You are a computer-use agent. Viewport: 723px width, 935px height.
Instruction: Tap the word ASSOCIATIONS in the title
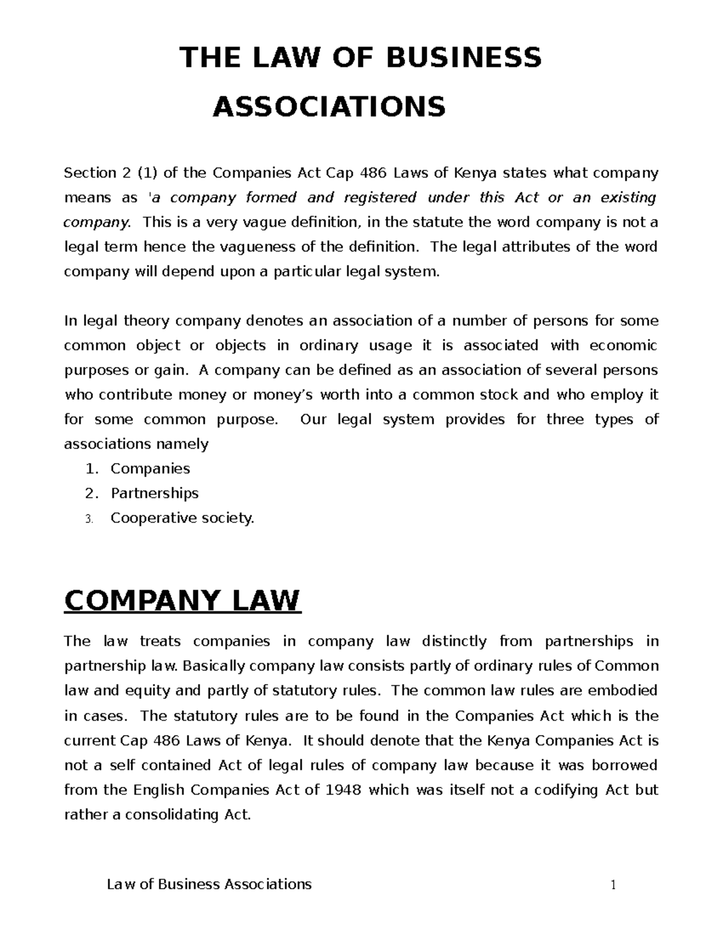[329, 107]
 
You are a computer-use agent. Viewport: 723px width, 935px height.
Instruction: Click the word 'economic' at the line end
[623, 346]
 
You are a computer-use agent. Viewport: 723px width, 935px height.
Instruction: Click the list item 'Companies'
[150, 468]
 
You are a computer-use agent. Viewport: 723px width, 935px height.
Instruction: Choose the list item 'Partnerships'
[154, 493]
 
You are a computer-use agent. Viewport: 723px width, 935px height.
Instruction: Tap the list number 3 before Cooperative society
[89, 518]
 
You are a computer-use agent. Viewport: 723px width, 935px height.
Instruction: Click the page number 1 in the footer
[613, 884]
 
